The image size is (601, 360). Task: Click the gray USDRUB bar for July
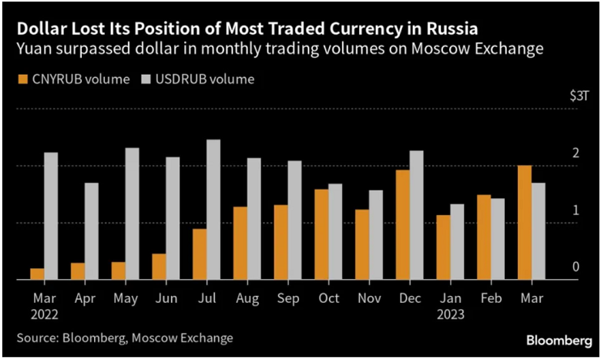pos(213,210)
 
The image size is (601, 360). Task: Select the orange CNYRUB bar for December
pos(403,225)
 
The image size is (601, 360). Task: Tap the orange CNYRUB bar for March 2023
pos(525,223)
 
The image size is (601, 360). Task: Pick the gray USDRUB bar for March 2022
pos(51,216)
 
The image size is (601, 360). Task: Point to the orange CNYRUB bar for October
pos(321,234)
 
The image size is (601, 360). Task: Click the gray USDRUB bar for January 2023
pos(458,241)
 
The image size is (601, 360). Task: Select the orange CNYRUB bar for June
pos(159,266)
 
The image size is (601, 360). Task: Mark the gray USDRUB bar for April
pos(92,231)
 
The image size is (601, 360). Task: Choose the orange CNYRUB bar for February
pos(484,237)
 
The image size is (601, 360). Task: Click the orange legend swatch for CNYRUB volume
pos(22,79)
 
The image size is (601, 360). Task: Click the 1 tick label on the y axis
pos(576,210)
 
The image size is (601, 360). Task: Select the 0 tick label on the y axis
pos(576,267)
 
